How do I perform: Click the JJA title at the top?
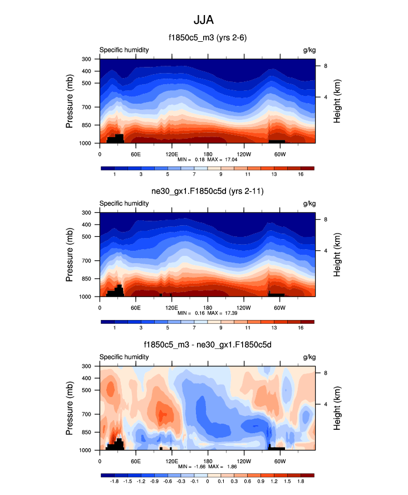click(203, 20)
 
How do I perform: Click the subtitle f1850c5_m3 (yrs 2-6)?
click(207, 38)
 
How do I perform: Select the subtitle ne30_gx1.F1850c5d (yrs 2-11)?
click(207, 192)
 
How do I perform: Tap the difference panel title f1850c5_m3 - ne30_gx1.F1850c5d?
click(207, 345)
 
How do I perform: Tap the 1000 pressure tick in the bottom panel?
click(85, 450)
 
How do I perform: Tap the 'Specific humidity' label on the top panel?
click(124, 50)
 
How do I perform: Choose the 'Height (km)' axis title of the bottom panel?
click(337, 407)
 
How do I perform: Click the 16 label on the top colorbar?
click(301, 175)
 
